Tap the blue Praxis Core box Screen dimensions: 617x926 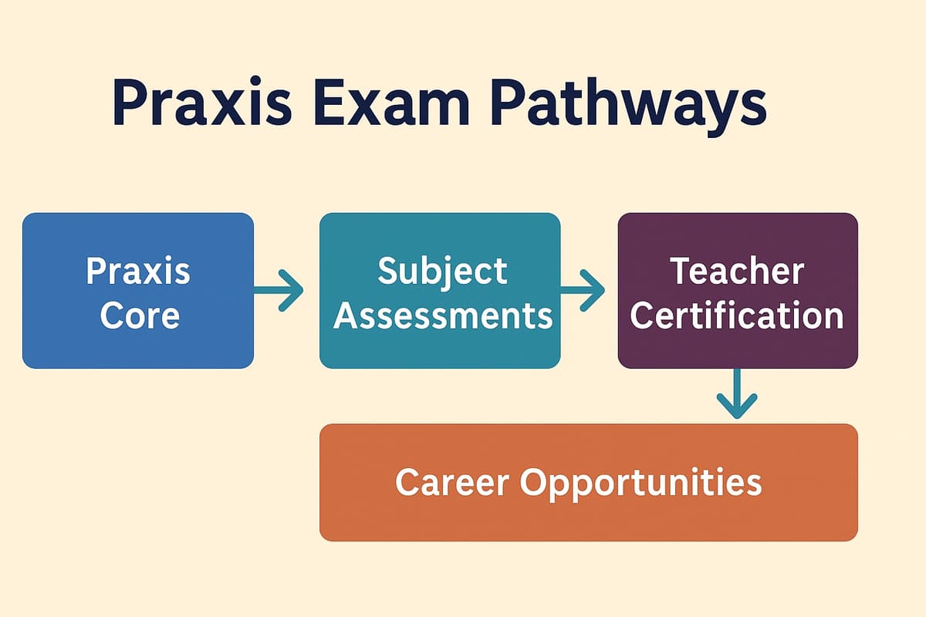(138, 291)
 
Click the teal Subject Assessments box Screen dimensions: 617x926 (440, 291)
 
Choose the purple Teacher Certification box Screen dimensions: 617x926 (737, 291)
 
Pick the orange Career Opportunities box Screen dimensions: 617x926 (588, 482)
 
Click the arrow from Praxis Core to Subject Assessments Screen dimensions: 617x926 (279, 291)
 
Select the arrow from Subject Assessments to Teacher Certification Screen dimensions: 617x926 (583, 291)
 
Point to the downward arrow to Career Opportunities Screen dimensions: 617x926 (737, 395)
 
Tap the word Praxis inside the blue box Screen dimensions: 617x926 (138, 271)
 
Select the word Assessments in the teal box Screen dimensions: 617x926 (443, 315)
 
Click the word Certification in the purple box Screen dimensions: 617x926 (737, 315)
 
